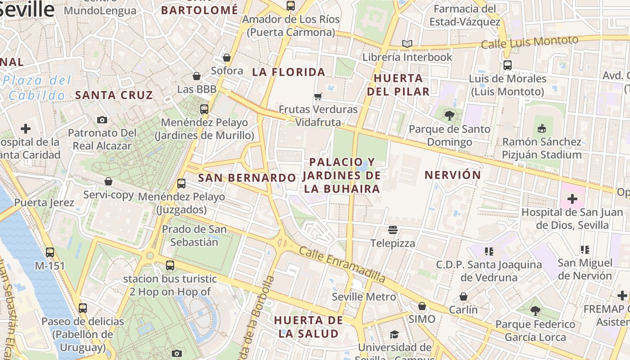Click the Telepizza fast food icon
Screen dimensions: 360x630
pos(392,230)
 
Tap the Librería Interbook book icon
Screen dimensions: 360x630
pos(407,44)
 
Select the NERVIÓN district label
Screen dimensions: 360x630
pos(453,175)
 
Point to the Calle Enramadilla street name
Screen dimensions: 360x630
pos(342,265)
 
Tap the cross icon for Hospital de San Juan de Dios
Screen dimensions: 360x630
pos(572,198)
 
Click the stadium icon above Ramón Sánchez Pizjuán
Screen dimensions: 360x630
pos(542,129)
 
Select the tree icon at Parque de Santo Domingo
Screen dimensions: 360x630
pos(449,116)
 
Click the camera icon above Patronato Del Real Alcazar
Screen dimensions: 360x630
pos(102,120)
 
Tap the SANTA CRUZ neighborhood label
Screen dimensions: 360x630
pos(114,95)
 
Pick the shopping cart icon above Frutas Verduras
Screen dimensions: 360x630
pos(318,96)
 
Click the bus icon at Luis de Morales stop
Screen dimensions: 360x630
pos(508,65)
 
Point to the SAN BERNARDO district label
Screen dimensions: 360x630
pos(247,178)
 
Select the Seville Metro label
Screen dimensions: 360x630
pos(364,297)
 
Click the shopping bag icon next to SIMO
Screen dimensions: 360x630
pos(422,306)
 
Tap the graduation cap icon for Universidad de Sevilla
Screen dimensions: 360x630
pos(394,334)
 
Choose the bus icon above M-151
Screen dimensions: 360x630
pos(50,252)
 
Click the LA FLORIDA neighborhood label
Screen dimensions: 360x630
pos(288,72)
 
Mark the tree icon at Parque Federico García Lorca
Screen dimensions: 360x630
pos(535,310)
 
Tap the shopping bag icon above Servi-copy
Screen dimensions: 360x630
pos(108,181)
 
